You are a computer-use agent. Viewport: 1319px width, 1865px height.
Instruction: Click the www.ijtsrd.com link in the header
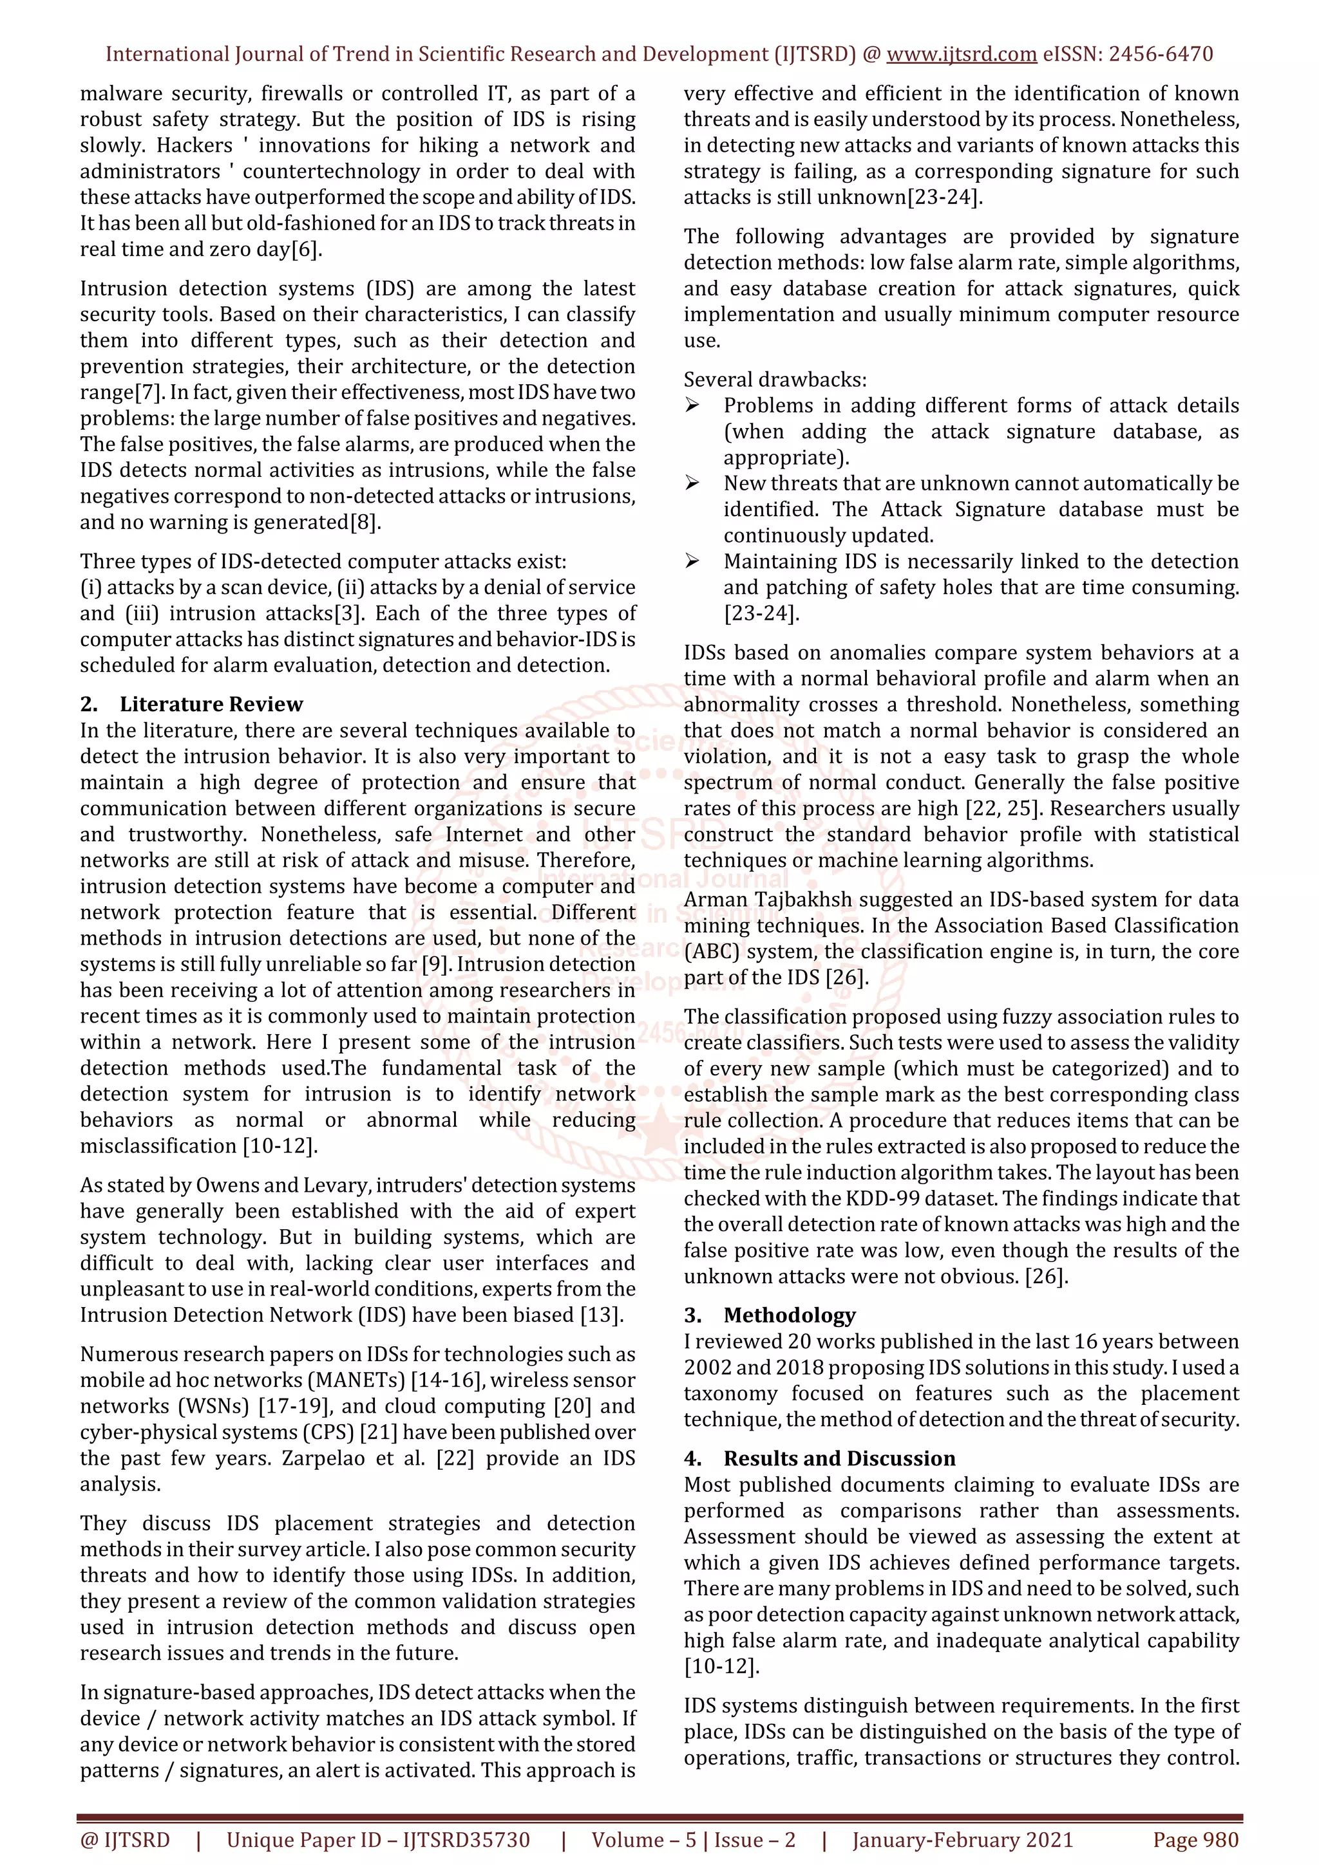tap(961, 55)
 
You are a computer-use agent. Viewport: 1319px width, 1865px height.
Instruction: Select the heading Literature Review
tap(211, 704)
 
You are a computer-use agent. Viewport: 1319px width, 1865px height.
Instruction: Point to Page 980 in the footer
tap(1195, 1840)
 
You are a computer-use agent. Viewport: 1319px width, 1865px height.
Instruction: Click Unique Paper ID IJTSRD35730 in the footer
tap(378, 1840)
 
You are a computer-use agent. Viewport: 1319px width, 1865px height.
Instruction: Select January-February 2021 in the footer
tap(962, 1840)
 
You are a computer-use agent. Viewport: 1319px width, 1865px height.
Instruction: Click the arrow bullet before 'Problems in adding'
tap(692, 405)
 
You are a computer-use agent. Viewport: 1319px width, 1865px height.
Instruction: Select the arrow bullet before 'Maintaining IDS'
tap(692, 561)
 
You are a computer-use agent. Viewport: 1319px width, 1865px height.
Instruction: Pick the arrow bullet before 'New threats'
tap(692, 483)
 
